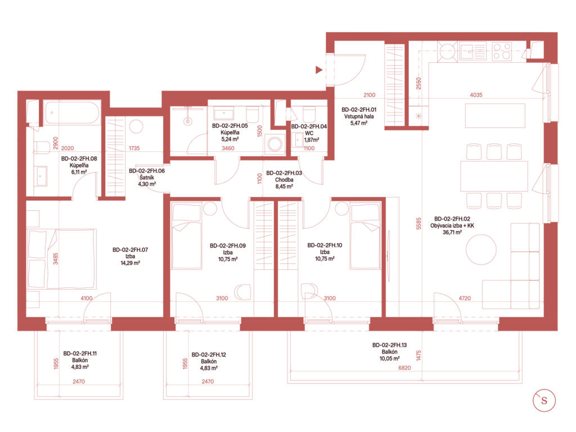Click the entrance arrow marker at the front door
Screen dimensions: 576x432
319,69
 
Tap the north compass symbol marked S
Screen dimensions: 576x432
544,400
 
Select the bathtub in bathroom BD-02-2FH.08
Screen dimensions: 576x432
72,112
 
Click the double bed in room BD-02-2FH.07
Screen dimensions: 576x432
62,259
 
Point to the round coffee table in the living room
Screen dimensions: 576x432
481,249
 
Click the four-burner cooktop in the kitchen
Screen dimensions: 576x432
502,51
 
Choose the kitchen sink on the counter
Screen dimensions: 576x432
472,51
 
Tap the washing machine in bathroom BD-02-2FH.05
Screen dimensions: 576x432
274,144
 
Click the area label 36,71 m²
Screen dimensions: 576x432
452,232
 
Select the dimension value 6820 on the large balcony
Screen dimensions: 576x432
404,368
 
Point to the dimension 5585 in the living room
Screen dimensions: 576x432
418,223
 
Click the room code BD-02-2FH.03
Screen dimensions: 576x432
284,173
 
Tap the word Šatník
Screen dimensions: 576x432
147,177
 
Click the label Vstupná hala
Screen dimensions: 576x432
359,116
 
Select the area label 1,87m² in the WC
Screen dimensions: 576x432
312,140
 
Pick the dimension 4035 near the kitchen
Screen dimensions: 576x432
476,94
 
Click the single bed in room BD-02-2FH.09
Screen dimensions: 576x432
187,236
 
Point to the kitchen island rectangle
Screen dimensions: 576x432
495,116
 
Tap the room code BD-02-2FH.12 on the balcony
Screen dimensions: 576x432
209,355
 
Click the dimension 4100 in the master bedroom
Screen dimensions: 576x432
87,298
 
